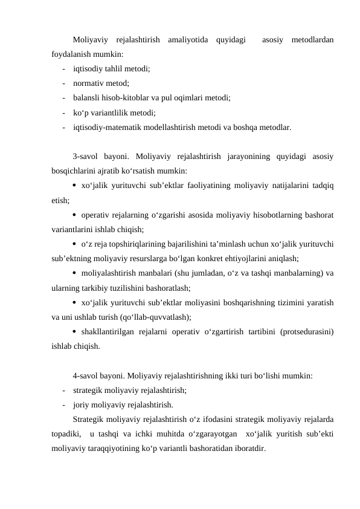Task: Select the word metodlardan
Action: [312, 41]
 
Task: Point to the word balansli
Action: [87, 96]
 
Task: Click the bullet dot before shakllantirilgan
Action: [76, 331]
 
